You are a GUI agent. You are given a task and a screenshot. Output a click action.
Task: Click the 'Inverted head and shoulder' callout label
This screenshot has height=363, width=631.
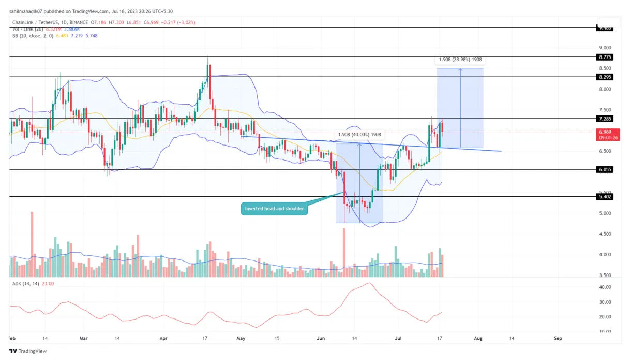click(274, 209)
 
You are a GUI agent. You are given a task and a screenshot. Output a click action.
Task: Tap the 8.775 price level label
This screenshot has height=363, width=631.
click(605, 57)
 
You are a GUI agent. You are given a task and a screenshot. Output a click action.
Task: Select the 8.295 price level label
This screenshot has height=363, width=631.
click(605, 77)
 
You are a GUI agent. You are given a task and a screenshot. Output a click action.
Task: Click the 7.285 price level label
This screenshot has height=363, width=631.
click(605, 119)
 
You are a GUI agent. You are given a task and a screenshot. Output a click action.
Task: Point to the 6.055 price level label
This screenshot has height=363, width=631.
click(605, 169)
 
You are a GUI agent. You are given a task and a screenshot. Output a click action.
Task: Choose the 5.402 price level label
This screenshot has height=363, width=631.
click(605, 197)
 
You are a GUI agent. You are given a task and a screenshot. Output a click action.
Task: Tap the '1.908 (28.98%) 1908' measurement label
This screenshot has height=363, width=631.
click(460, 60)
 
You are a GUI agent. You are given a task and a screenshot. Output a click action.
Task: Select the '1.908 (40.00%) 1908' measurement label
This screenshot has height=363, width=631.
click(359, 135)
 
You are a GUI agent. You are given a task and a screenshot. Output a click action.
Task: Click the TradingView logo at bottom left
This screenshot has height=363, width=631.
click(28, 351)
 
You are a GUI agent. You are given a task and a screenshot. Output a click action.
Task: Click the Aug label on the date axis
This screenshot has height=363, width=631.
click(478, 338)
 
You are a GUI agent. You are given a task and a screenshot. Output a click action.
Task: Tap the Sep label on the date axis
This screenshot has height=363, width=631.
click(558, 338)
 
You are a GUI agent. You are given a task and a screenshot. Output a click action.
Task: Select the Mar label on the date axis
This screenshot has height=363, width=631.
click(84, 338)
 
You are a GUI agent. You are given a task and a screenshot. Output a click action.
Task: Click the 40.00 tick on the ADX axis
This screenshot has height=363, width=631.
click(605, 287)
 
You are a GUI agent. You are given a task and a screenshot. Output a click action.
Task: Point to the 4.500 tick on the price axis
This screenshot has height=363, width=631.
click(605, 234)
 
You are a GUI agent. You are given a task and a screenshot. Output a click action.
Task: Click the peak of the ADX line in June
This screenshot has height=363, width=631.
click(368, 283)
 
